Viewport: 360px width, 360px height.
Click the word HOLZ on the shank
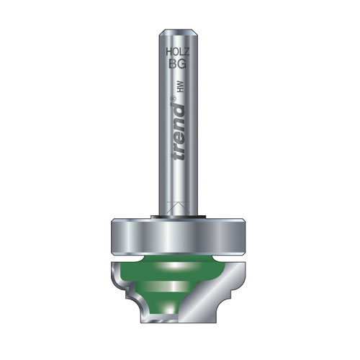178,51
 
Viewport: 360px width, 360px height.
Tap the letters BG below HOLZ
178,64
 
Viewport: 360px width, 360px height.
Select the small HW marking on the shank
181,86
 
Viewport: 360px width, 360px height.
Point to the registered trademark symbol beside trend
174,99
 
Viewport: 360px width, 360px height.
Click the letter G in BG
182,64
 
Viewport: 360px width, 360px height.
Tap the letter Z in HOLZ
186,51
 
